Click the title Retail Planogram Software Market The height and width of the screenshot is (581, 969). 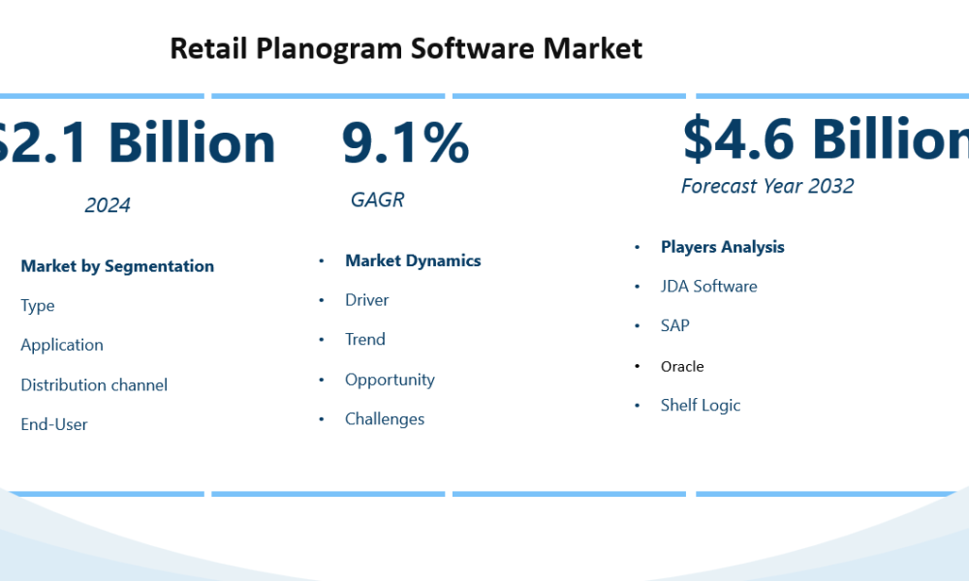(405, 48)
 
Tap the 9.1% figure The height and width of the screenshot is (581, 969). (405, 142)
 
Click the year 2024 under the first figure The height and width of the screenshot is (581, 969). (108, 205)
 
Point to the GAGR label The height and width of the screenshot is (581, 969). (377, 200)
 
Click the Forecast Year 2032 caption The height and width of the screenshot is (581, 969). (767, 186)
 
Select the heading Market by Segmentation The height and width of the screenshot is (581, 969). (117, 266)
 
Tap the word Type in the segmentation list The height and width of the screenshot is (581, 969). (38, 306)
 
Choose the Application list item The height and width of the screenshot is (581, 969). (62, 346)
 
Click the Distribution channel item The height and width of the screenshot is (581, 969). (94, 385)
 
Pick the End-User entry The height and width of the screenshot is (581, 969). (54, 425)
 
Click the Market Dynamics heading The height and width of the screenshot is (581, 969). (413, 261)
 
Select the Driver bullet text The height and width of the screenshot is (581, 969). (367, 301)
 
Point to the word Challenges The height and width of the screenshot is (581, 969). (385, 419)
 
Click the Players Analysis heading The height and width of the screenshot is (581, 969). (722, 247)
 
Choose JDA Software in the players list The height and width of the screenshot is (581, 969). (708, 287)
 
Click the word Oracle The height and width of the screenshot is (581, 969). (682, 367)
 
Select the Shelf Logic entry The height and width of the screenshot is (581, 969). (700, 406)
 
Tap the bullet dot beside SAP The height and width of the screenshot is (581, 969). (637, 326)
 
